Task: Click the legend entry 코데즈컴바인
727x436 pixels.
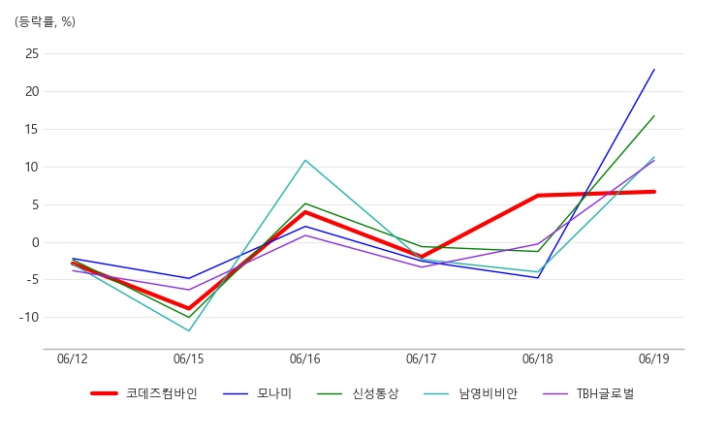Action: pos(144,393)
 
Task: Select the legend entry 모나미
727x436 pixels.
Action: pos(257,393)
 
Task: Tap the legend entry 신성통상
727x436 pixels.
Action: pos(358,393)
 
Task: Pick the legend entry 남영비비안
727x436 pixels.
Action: pos(470,393)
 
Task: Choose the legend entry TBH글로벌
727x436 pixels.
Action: pos(588,393)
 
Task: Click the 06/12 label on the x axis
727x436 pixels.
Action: pos(73,358)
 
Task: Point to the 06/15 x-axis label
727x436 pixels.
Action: pos(189,358)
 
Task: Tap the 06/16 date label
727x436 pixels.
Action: pos(305,358)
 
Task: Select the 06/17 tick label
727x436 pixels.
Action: pos(422,358)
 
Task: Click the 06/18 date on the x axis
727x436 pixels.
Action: pos(538,358)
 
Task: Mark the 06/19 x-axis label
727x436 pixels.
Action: pos(653,358)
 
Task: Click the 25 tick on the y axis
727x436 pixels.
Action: pos(32,53)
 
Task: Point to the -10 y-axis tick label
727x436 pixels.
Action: pos(29,318)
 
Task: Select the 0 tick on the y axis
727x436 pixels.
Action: pos(36,242)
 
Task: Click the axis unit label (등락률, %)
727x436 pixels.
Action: pos(45,21)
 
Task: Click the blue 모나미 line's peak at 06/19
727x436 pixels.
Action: pos(654,69)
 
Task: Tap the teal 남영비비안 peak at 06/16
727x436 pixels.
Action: pos(305,160)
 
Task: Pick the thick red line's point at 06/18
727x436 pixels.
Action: pos(538,196)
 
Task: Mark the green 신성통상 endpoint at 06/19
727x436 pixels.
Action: pos(654,116)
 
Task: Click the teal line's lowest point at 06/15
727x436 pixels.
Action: pos(189,330)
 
